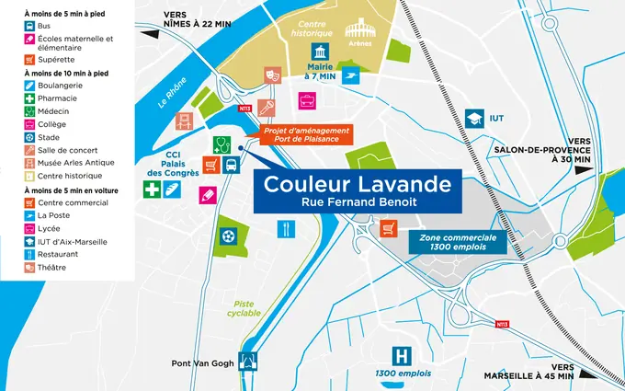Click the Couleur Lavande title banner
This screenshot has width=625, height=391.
(x=358, y=189)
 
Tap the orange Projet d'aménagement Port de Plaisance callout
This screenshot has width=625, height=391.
(x=306, y=134)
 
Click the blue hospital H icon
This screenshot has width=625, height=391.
(x=401, y=355)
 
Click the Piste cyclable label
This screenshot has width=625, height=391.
(x=244, y=307)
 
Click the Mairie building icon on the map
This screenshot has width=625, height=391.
(x=318, y=51)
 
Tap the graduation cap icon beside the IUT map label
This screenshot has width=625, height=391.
(x=474, y=119)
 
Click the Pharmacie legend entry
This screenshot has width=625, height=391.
(x=56, y=98)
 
